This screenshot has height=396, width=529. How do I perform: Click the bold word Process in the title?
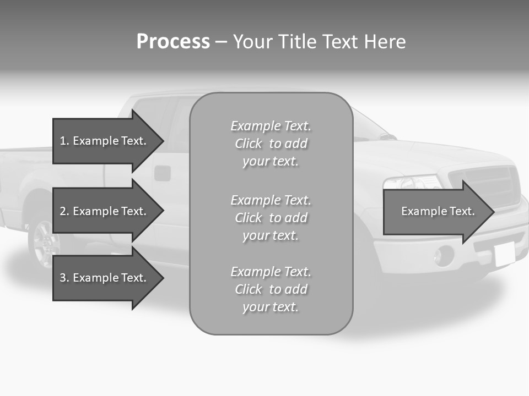173,42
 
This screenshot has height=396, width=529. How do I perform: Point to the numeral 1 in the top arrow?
63,141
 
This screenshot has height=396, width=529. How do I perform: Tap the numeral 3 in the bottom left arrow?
63,278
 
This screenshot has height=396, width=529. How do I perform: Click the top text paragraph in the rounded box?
271,144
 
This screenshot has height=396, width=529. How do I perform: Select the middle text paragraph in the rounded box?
271,218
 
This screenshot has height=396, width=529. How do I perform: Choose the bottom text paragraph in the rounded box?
271,289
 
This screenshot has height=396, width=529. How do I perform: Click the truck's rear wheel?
43,243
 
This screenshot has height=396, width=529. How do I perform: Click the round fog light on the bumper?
444,256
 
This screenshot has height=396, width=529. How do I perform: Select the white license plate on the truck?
504,254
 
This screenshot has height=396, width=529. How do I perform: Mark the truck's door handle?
162,173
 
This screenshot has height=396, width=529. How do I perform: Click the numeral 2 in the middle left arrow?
63,211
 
